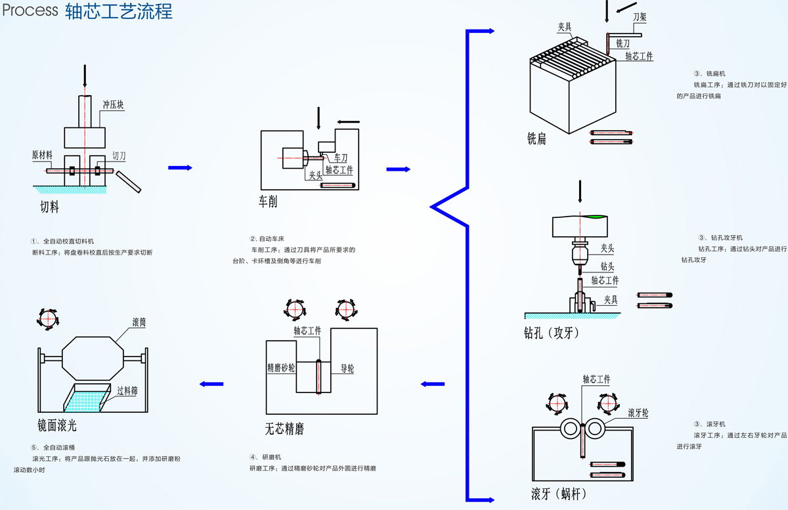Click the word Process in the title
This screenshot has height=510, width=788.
[x=30, y=12]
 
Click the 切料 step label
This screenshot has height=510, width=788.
[x=49, y=207]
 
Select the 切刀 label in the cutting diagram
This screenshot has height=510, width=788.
[x=119, y=156]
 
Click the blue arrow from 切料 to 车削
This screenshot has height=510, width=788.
[x=180, y=168]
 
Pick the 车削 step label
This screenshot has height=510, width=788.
[x=268, y=202]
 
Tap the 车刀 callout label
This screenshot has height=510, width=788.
[x=340, y=159]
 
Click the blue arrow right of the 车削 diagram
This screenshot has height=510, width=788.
[x=397, y=169]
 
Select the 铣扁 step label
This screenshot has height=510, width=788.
[x=536, y=139]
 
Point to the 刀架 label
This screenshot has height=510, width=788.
[x=640, y=19]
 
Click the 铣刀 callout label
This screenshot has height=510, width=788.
[x=623, y=43]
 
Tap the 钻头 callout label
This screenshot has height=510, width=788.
[x=607, y=266]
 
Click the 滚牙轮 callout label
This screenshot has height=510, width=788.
[x=638, y=413]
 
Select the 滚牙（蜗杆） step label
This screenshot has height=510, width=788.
[x=558, y=493]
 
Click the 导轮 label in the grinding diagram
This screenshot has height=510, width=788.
[x=347, y=369]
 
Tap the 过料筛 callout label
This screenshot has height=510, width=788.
[x=127, y=391]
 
